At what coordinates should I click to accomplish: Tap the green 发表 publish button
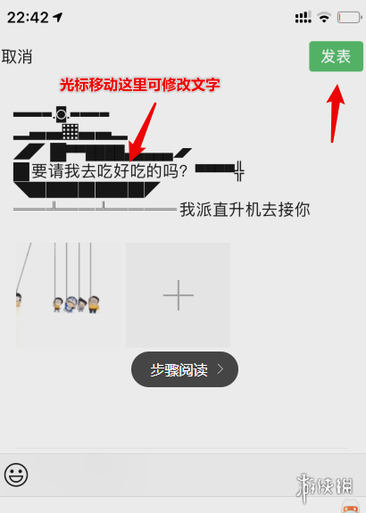click(x=336, y=56)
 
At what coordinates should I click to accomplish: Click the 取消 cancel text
click(x=17, y=56)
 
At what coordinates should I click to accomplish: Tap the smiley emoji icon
click(x=16, y=475)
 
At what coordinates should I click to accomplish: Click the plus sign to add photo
click(x=178, y=295)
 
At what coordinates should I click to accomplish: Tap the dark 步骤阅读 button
click(x=185, y=369)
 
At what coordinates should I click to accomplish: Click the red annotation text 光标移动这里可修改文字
click(x=140, y=85)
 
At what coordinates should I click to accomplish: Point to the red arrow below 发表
click(x=335, y=113)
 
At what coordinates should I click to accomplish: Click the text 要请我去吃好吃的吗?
click(x=109, y=170)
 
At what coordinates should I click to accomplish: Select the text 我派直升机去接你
click(x=245, y=210)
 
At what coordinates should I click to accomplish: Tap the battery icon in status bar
click(x=350, y=17)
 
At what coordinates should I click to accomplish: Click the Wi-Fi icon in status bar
click(x=324, y=17)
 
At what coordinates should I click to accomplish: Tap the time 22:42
click(x=28, y=17)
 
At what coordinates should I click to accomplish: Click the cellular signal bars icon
click(x=304, y=17)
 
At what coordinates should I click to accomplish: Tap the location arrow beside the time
click(x=58, y=17)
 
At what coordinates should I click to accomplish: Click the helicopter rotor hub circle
click(x=62, y=114)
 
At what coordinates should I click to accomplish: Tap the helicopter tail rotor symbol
click(x=239, y=170)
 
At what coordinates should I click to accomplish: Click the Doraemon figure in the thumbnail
click(x=70, y=304)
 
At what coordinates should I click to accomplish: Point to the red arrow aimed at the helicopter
click(x=142, y=133)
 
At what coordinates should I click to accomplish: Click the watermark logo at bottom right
click(x=324, y=487)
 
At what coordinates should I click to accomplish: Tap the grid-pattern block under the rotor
click(x=70, y=131)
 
